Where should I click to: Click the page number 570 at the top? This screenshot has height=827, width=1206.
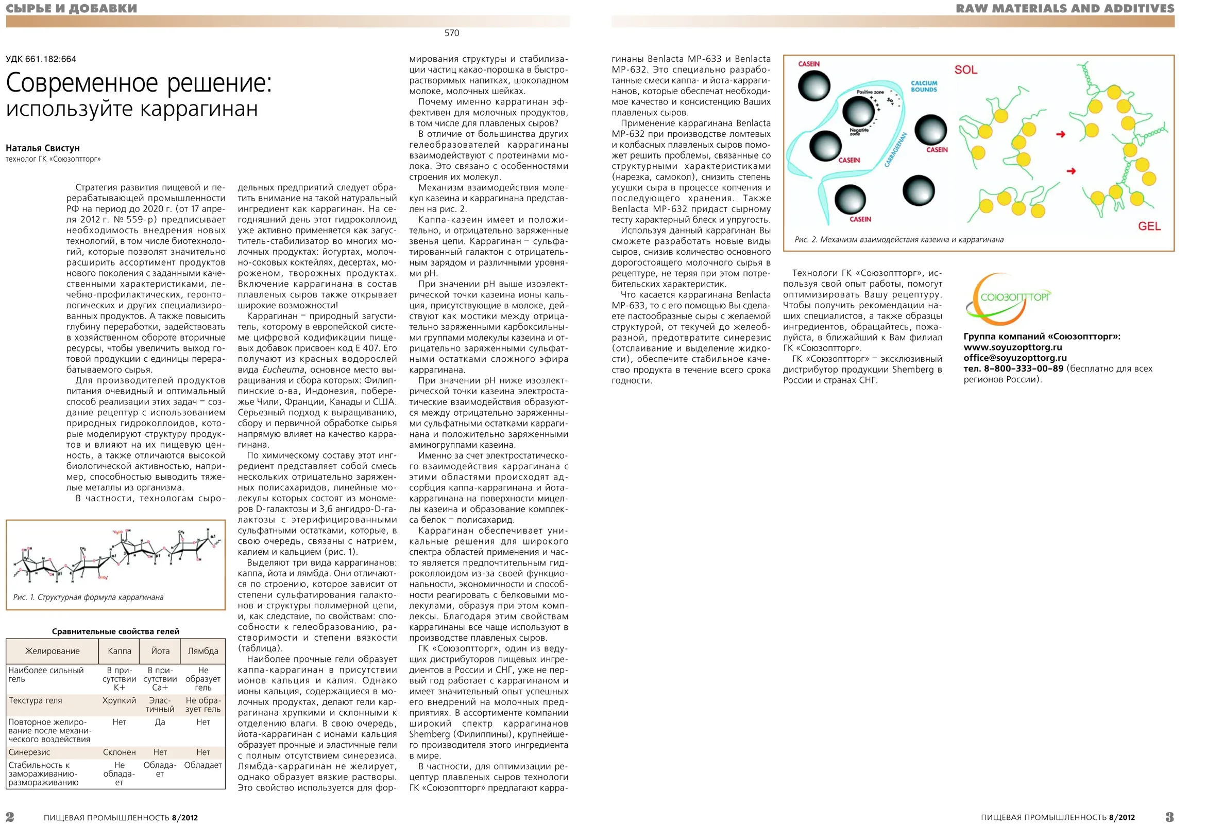coord(451,33)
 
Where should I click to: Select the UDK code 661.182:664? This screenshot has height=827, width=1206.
coord(41,59)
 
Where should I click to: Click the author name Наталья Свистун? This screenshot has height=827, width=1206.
coord(43,148)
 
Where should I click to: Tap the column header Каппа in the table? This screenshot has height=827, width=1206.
coord(120,651)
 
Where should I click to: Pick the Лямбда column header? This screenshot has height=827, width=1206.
coord(203,651)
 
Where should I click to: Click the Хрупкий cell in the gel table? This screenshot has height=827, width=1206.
coord(120,700)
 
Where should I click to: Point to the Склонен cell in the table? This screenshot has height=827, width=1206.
coord(120,752)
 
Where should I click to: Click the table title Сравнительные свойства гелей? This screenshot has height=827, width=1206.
coord(116,631)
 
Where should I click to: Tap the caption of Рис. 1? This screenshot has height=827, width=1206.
coord(88,597)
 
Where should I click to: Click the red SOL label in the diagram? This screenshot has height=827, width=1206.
coord(966,70)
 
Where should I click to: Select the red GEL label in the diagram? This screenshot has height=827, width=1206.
coord(1149,226)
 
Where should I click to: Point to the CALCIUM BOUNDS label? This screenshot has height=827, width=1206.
coord(924,86)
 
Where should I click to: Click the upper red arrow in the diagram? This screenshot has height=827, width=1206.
coord(1061,134)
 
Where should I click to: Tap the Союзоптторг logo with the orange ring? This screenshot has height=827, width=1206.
coord(1007,298)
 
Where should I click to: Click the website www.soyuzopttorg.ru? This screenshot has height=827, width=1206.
coord(1012,347)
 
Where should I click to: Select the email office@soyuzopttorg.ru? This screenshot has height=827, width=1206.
coord(1015,358)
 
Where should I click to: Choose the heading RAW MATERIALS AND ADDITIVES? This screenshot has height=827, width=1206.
coord(1065,9)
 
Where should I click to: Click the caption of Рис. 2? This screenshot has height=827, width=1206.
coord(899,239)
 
